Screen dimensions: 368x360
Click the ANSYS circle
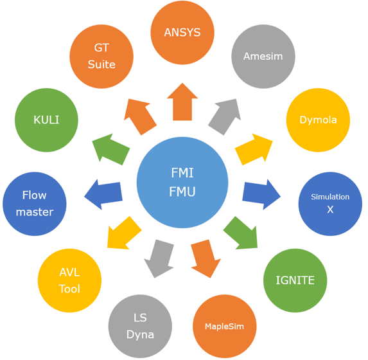tap(182, 32)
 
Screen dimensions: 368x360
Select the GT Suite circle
tap(101, 57)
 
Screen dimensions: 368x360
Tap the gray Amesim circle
tap(263, 57)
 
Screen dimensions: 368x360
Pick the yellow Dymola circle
tap(318, 120)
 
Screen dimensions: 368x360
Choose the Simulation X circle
tap(330, 204)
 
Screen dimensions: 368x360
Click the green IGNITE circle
tap(295, 280)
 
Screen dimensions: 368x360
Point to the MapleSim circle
tap(225, 327)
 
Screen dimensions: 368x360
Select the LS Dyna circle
tap(140, 327)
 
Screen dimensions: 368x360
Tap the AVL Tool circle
tap(69, 280)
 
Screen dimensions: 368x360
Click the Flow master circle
tap(35, 204)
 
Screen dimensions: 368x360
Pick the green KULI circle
tap(46, 120)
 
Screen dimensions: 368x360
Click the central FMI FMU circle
tap(182, 183)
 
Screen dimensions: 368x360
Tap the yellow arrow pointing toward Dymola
tap(254, 149)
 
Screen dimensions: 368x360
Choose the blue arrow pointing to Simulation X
tap(261, 195)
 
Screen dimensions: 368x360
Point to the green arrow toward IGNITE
tap(241, 233)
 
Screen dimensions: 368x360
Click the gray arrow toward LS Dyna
tap(159, 258)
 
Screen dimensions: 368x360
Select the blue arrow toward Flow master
tap(104, 195)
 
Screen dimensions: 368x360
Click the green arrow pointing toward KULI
tap(110, 149)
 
